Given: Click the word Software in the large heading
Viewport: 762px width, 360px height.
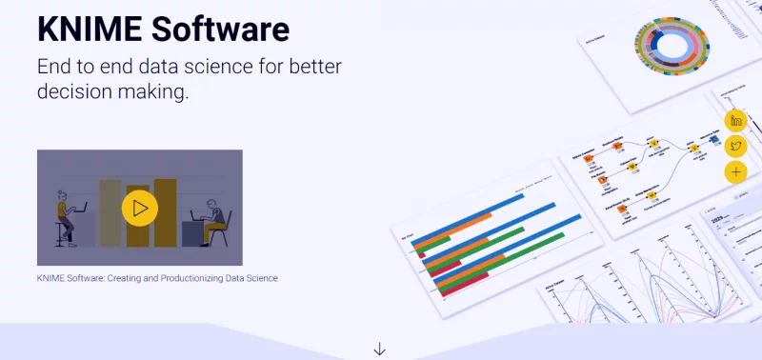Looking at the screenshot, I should pyautogui.click(x=218, y=29).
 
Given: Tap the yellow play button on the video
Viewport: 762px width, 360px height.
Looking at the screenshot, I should pyautogui.click(x=140, y=208).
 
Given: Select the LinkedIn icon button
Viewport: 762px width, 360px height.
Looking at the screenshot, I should pyautogui.click(x=735, y=120).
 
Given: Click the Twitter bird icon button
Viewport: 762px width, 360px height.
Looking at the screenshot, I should pyautogui.click(x=735, y=146).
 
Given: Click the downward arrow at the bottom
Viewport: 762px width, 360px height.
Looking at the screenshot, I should pyautogui.click(x=380, y=349).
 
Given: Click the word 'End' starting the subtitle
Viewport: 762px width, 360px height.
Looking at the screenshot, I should pyautogui.click(x=56, y=68).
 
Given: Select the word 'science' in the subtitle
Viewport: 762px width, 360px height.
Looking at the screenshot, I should pyautogui.click(x=226, y=68).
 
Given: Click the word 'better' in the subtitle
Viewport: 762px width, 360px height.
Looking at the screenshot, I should pyautogui.click(x=309, y=68).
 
